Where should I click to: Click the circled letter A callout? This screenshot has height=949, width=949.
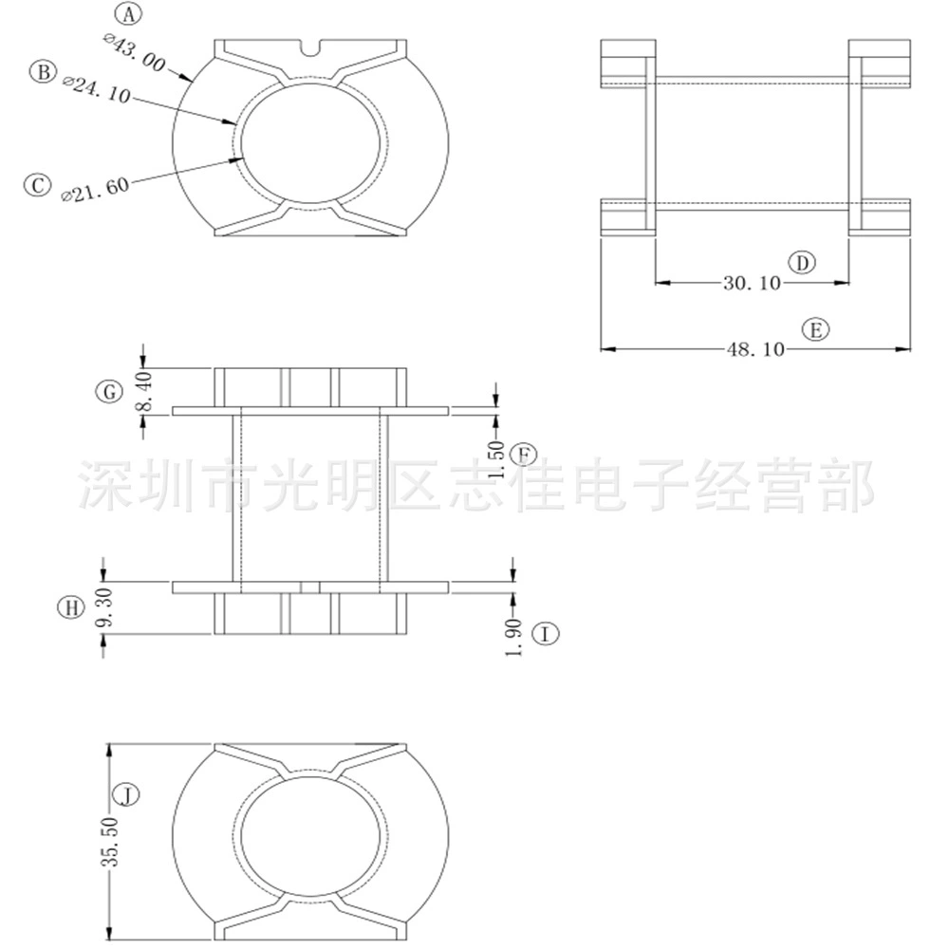tap(128, 14)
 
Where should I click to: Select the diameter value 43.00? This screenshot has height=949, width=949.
tap(135, 53)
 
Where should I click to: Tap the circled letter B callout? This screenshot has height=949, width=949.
tap(43, 72)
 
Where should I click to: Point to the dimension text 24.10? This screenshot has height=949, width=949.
tap(97, 89)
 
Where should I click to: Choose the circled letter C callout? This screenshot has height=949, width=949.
tap(38, 185)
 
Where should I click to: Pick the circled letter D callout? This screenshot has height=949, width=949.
tap(802, 263)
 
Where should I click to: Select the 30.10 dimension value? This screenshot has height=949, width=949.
tap(752, 283)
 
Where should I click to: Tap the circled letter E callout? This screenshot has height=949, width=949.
tap(816, 330)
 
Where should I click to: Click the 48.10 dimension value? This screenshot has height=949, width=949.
tap(755, 349)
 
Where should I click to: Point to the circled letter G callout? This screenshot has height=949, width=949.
tap(109, 392)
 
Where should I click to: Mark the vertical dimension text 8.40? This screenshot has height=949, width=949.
tap(145, 391)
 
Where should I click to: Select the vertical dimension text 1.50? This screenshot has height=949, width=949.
tap(496, 458)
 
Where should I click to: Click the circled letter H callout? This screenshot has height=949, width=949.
tap(71, 606)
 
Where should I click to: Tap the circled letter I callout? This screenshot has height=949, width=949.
tap(546, 634)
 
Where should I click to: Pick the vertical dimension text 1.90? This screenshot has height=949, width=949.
tap(513, 638)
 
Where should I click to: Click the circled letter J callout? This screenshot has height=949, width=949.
tap(127, 794)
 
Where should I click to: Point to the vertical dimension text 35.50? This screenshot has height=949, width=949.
tap(110, 841)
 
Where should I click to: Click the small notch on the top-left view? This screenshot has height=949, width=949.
tap(310, 48)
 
